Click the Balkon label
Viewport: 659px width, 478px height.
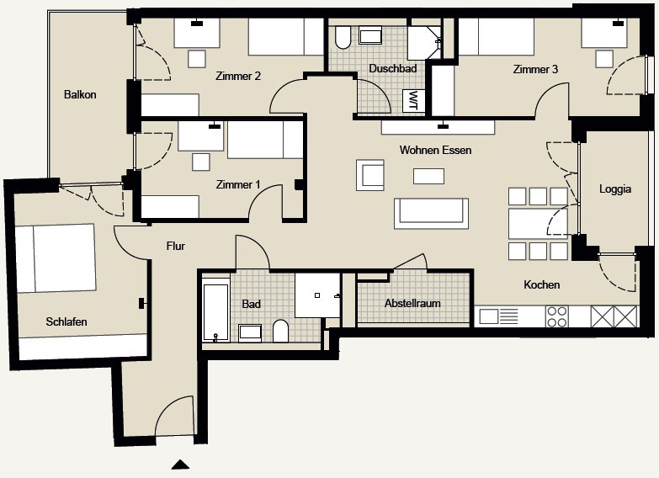(x=80, y=94)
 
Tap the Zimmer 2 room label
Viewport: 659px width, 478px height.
(x=238, y=76)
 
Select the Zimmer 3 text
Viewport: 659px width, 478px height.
(x=535, y=69)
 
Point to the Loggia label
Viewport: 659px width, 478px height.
(x=615, y=189)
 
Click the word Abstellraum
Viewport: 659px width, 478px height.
(x=412, y=303)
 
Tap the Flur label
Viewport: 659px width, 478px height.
(x=175, y=246)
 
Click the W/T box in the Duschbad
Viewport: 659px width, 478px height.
(x=412, y=101)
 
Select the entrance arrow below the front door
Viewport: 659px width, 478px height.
(x=180, y=465)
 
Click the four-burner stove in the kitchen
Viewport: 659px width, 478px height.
(x=557, y=316)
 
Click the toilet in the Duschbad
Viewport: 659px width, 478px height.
(x=343, y=38)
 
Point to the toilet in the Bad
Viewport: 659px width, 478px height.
(x=280, y=332)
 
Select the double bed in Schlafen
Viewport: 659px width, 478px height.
(x=56, y=258)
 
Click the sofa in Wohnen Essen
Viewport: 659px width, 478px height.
(x=431, y=213)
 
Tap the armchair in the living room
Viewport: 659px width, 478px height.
(x=370, y=175)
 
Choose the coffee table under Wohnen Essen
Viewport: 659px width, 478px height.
(x=428, y=176)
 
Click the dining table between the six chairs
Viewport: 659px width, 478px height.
(x=538, y=224)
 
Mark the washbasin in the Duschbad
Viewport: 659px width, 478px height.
(x=370, y=35)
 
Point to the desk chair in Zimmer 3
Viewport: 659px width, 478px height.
(x=604, y=59)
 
